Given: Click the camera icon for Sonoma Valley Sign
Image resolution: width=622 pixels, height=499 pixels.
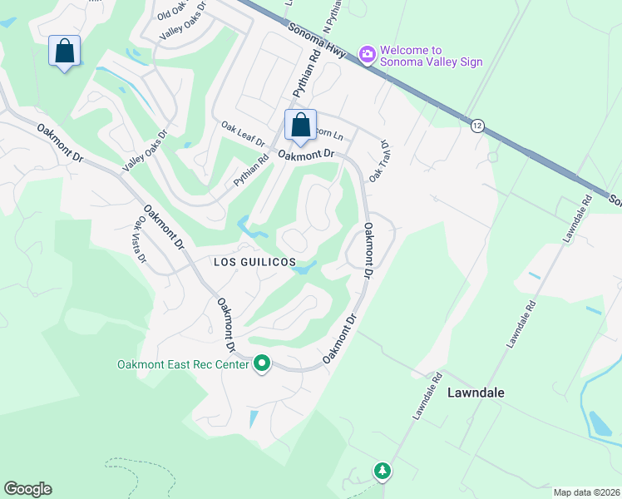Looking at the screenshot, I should point(367,55).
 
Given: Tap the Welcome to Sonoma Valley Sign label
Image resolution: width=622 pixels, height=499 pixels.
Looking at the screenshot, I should point(431,56).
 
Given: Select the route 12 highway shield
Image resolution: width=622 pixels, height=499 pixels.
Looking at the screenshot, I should point(476,124).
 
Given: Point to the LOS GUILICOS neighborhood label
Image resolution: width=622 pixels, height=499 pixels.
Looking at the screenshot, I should point(255,262).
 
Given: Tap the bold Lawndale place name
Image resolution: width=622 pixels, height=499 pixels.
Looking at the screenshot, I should point(478,392).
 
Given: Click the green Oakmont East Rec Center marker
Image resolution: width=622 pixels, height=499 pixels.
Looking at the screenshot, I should point(262,363).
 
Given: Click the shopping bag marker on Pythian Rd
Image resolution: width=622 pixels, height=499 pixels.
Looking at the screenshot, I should point(300,126).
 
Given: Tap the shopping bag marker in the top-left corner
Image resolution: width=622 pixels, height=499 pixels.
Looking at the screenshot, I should point(64,52).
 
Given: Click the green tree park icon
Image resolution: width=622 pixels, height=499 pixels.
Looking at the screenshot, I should point(382,472).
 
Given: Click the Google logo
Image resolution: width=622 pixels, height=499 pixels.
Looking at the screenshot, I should point(27,489).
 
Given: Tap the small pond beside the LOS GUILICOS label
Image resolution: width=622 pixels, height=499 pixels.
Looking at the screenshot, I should point(305,268).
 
